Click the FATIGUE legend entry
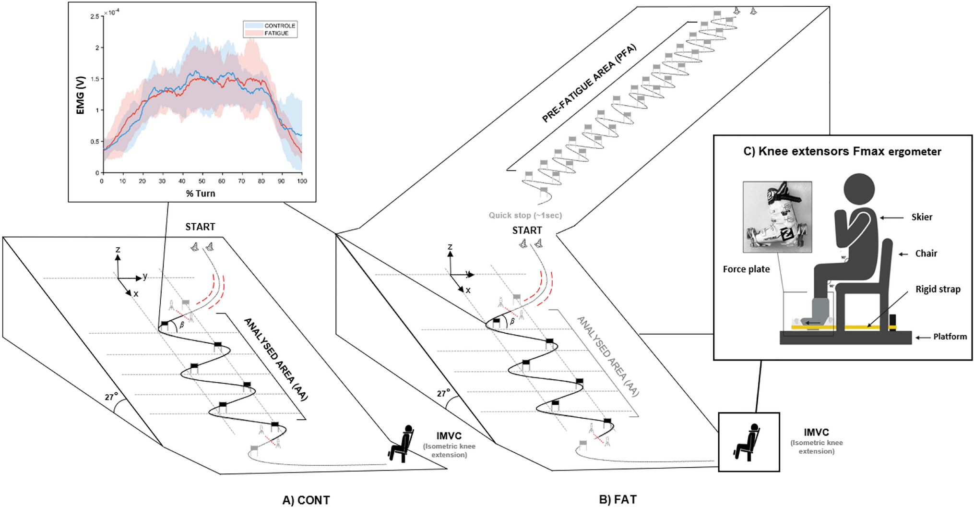276,33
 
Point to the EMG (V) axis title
80,95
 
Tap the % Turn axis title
201,194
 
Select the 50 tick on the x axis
202,181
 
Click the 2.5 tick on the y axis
95,17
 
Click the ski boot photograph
777,217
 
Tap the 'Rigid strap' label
938,289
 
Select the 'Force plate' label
746,269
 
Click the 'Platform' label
950,337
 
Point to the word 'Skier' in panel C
922,217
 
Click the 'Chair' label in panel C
926,254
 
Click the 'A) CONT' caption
306,500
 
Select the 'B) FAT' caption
618,499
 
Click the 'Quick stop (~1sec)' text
525,215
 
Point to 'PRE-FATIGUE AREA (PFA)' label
589,84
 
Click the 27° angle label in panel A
111,397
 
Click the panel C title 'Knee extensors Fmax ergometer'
842,152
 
